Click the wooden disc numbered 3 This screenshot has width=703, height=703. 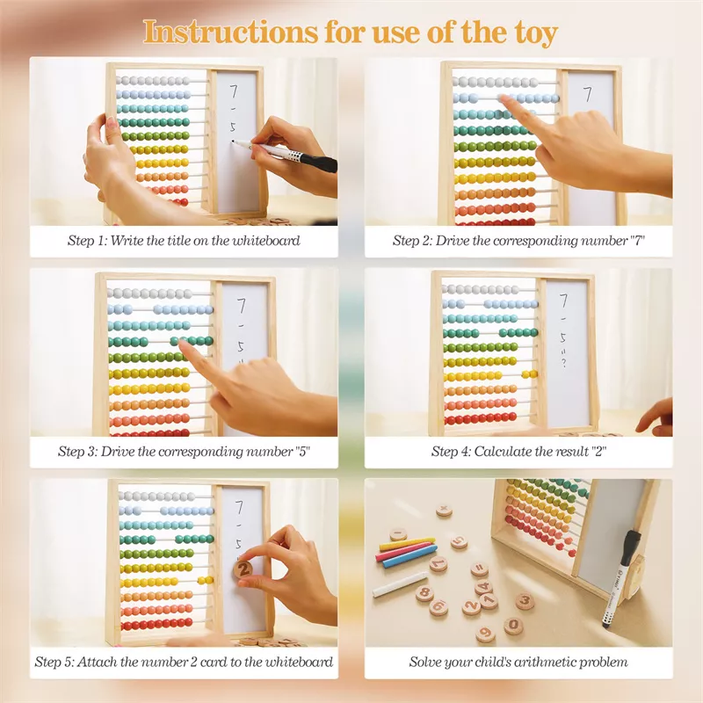525,600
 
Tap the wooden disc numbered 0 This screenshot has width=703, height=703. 513,625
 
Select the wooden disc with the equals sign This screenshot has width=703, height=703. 479,569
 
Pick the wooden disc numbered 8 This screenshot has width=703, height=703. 424,593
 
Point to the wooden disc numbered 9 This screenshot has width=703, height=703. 485,634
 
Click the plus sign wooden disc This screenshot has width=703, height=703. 444,511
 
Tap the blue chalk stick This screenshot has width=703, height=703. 409,556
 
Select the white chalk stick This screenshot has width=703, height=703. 400,583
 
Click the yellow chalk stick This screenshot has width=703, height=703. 407,543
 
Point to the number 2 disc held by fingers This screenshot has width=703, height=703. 243,569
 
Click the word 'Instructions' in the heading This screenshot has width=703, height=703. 229,33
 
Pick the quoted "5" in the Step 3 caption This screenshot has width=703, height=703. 302,451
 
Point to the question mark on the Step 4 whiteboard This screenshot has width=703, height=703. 563,362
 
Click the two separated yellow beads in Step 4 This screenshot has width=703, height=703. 530,374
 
